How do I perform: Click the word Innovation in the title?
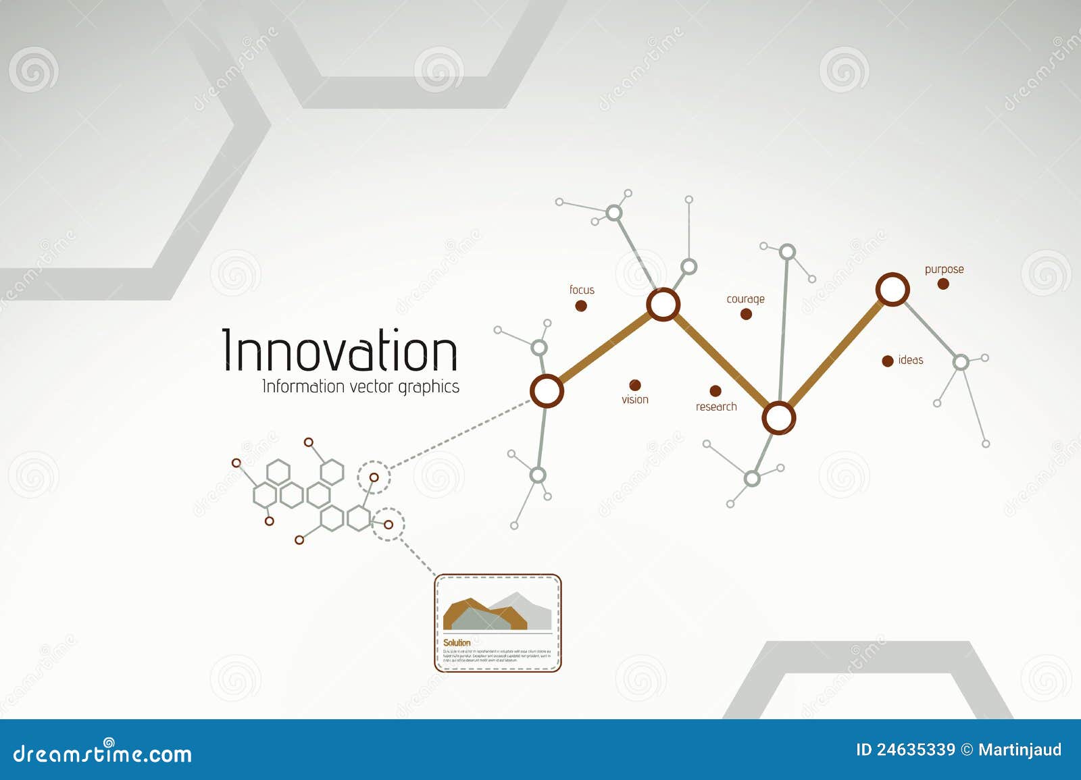pyautogui.click(x=340, y=350)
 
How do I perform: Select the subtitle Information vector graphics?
pyautogui.click(x=360, y=387)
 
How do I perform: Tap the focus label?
pyautogui.click(x=582, y=290)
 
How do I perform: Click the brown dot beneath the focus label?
pyautogui.click(x=580, y=306)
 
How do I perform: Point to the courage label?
pyautogui.click(x=745, y=298)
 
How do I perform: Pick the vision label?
pyautogui.click(x=634, y=399)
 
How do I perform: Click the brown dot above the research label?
pyautogui.click(x=715, y=391)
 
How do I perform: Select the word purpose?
pyautogui.click(x=944, y=269)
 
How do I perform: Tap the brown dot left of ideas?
pyautogui.click(x=888, y=361)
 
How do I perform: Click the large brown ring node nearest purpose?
pyautogui.click(x=893, y=290)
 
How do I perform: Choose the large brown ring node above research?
pyautogui.click(x=778, y=418)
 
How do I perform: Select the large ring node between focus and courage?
pyautogui.click(x=663, y=304)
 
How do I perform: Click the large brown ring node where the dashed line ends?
pyautogui.click(x=546, y=390)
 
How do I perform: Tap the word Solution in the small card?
pyautogui.click(x=457, y=642)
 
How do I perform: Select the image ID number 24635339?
pyautogui.click(x=915, y=750)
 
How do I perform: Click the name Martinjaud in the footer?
pyautogui.click(x=1020, y=750)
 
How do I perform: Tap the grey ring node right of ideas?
pyautogui.click(x=960, y=363)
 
